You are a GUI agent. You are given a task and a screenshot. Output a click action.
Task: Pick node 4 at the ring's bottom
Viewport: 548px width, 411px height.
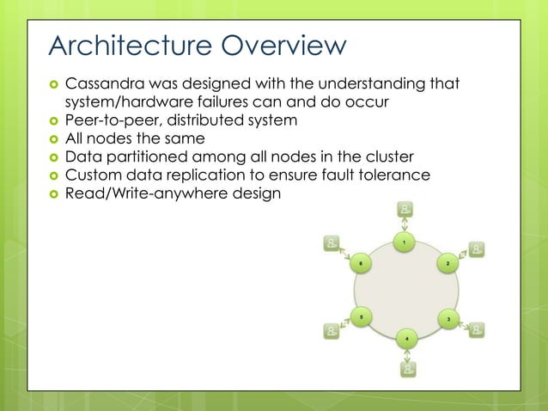[x=406, y=338]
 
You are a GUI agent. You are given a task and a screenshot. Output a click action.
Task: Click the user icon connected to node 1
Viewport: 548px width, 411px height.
[x=405, y=209]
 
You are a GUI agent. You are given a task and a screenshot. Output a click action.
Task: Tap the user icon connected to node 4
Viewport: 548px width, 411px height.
[x=408, y=370]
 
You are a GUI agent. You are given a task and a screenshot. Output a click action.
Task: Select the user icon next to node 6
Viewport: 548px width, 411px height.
[x=331, y=243]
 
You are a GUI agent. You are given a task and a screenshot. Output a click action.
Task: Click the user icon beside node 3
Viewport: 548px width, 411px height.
[x=477, y=329]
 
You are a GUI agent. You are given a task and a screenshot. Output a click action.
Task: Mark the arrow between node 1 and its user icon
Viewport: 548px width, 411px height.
[x=405, y=225]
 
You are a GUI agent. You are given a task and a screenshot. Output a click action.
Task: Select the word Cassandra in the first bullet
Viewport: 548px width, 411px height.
[x=106, y=84]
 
